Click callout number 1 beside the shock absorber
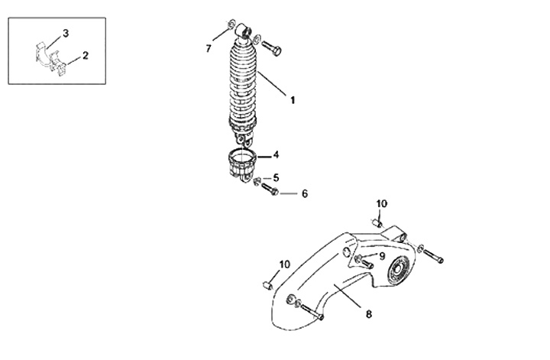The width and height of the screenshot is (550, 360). coord(292,100)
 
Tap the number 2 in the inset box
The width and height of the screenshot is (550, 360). coord(86,56)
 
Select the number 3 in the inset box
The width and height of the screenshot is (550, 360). coord(66,34)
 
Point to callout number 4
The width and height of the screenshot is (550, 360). coord(276,154)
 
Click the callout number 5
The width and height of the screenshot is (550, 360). coord(276,178)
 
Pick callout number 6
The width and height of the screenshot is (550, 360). coord(305,193)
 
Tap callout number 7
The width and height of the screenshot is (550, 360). coord(209,49)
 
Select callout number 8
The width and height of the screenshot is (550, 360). coord(369,314)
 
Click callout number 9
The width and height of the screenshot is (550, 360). coord(382,256)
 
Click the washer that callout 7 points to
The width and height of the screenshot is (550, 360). coord(231,24)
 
